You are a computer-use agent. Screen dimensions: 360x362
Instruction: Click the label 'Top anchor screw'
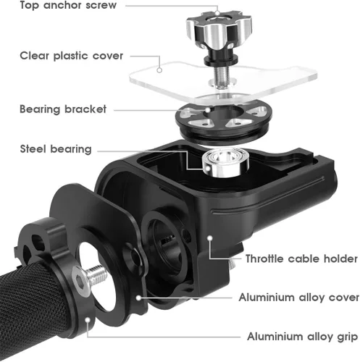(x=68, y=5)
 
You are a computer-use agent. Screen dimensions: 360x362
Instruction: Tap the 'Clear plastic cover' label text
(x=72, y=56)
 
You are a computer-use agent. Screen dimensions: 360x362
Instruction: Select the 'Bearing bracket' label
(x=63, y=109)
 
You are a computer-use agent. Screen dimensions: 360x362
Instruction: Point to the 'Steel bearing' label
(x=56, y=149)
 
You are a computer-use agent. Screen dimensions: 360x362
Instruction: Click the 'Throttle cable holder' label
(x=301, y=258)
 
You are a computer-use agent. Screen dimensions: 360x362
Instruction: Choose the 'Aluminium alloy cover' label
(x=299, y=298)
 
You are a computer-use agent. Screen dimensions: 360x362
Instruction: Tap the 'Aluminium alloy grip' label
(x=302, y=337)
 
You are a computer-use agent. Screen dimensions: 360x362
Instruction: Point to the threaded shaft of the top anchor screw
(x=221, y=75)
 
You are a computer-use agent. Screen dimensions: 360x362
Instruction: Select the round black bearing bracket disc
(x=223, y=121)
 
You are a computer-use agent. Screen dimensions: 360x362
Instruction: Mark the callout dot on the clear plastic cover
(x=159, y=70)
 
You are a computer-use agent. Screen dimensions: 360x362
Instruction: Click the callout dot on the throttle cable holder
(x=210, y=238)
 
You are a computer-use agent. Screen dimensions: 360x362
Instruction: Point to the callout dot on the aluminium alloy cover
(x=138, y=298)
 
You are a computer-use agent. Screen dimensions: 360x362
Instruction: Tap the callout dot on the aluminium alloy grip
(x=88, y=320)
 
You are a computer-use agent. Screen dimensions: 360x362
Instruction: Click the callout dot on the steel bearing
(x=207, y=168)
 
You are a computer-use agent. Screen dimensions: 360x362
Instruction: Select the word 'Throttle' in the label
(x=265, y=258)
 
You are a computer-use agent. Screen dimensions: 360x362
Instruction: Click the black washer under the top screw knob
(x=221, y=60)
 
